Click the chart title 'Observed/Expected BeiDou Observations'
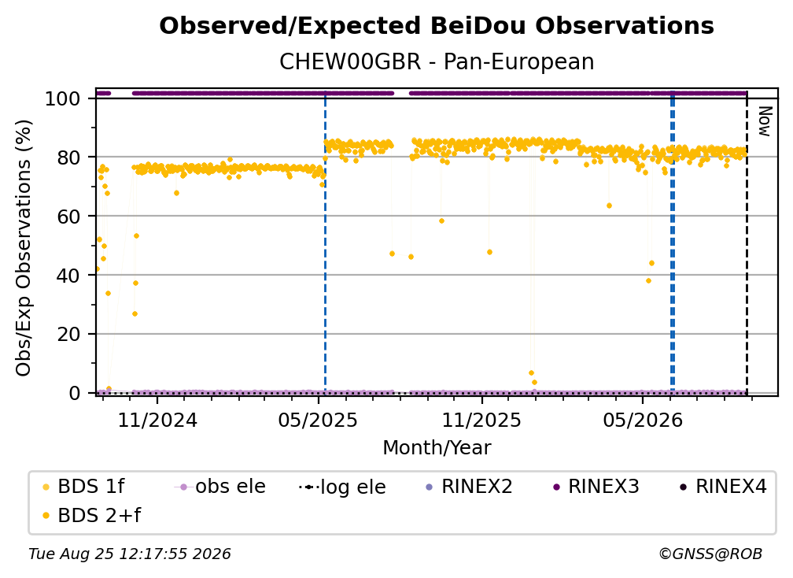click(x=437, y=26)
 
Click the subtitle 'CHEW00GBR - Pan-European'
click(x=437, y=61)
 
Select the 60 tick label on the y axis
click(x=68, y=216)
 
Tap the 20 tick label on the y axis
click(x=68, y=334)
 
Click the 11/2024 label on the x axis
click(x=157, y=420)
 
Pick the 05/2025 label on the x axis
click(x=318, y=420)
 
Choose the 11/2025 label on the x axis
click(x=481, y=420)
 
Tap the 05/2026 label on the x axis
click(x=642, y=420)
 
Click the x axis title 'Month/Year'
click(x=437, y=447)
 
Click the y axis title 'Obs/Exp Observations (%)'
click(x=24, y=248)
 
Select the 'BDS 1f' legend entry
click(x=83, y=487)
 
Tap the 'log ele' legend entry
click(x=342, y=487)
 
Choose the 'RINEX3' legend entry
click(x=596, y=487)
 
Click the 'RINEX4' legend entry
click(x=724, y=487)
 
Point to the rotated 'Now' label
click(x=764, y=121)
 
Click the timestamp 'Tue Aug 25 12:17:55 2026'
click(x=130, y=554)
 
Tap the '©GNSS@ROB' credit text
click(x=710, y=554)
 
